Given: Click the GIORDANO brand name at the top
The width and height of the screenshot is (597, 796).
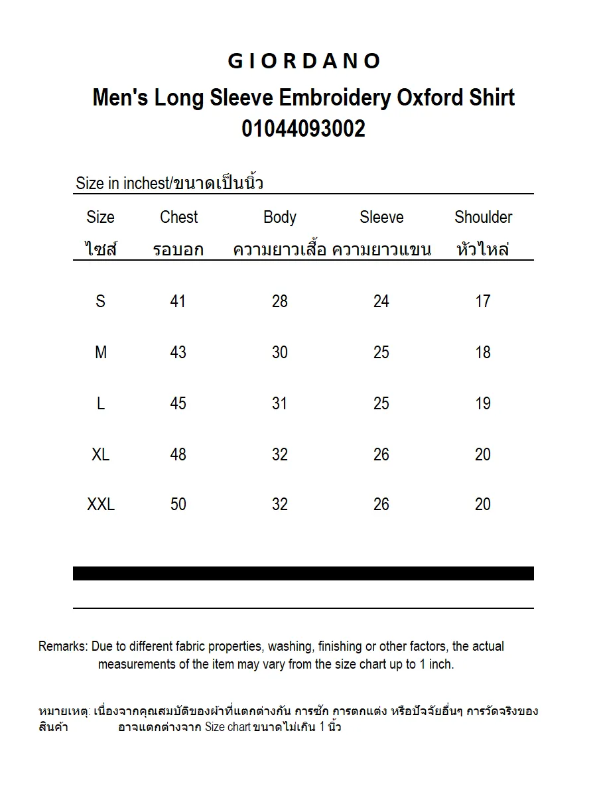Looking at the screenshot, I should (x=304, y=61).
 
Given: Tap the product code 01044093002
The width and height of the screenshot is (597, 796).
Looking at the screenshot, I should (x=303, y=128).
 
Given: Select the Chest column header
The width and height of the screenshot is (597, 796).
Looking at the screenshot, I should (x=178, y=217).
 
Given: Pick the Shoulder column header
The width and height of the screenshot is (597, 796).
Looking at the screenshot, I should (x=483, y=217).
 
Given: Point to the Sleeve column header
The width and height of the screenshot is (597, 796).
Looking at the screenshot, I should (x=381, y=217).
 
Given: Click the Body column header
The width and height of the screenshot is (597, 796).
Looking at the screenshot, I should (x=279, y=217).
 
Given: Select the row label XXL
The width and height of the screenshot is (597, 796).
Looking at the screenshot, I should (x=101, y=504).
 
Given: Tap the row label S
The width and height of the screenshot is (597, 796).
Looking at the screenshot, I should (x=100, y=301).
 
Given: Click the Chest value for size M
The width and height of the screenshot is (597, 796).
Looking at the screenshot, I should (x=178, y=352).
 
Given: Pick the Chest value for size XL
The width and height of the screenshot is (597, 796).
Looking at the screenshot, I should (x=178, y=454).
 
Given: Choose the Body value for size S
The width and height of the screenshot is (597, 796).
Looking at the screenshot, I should (x=279, y=301).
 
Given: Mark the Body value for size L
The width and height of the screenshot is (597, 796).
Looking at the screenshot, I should (x=279, y=403).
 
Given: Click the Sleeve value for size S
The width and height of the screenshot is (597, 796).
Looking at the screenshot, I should (x=381, y=301).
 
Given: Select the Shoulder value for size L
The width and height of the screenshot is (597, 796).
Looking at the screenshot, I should (x=483, y=403).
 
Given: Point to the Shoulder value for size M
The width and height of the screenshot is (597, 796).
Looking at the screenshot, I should (x=483, y=352).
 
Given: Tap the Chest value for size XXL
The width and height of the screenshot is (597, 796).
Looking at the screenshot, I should (x=178, y=504).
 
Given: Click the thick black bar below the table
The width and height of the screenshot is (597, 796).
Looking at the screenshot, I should (x=303, y=573).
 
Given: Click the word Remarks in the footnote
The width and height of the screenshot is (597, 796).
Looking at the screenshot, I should (x=62, y=646).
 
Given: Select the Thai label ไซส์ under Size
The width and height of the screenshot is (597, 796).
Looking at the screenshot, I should (x=101, y=249).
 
